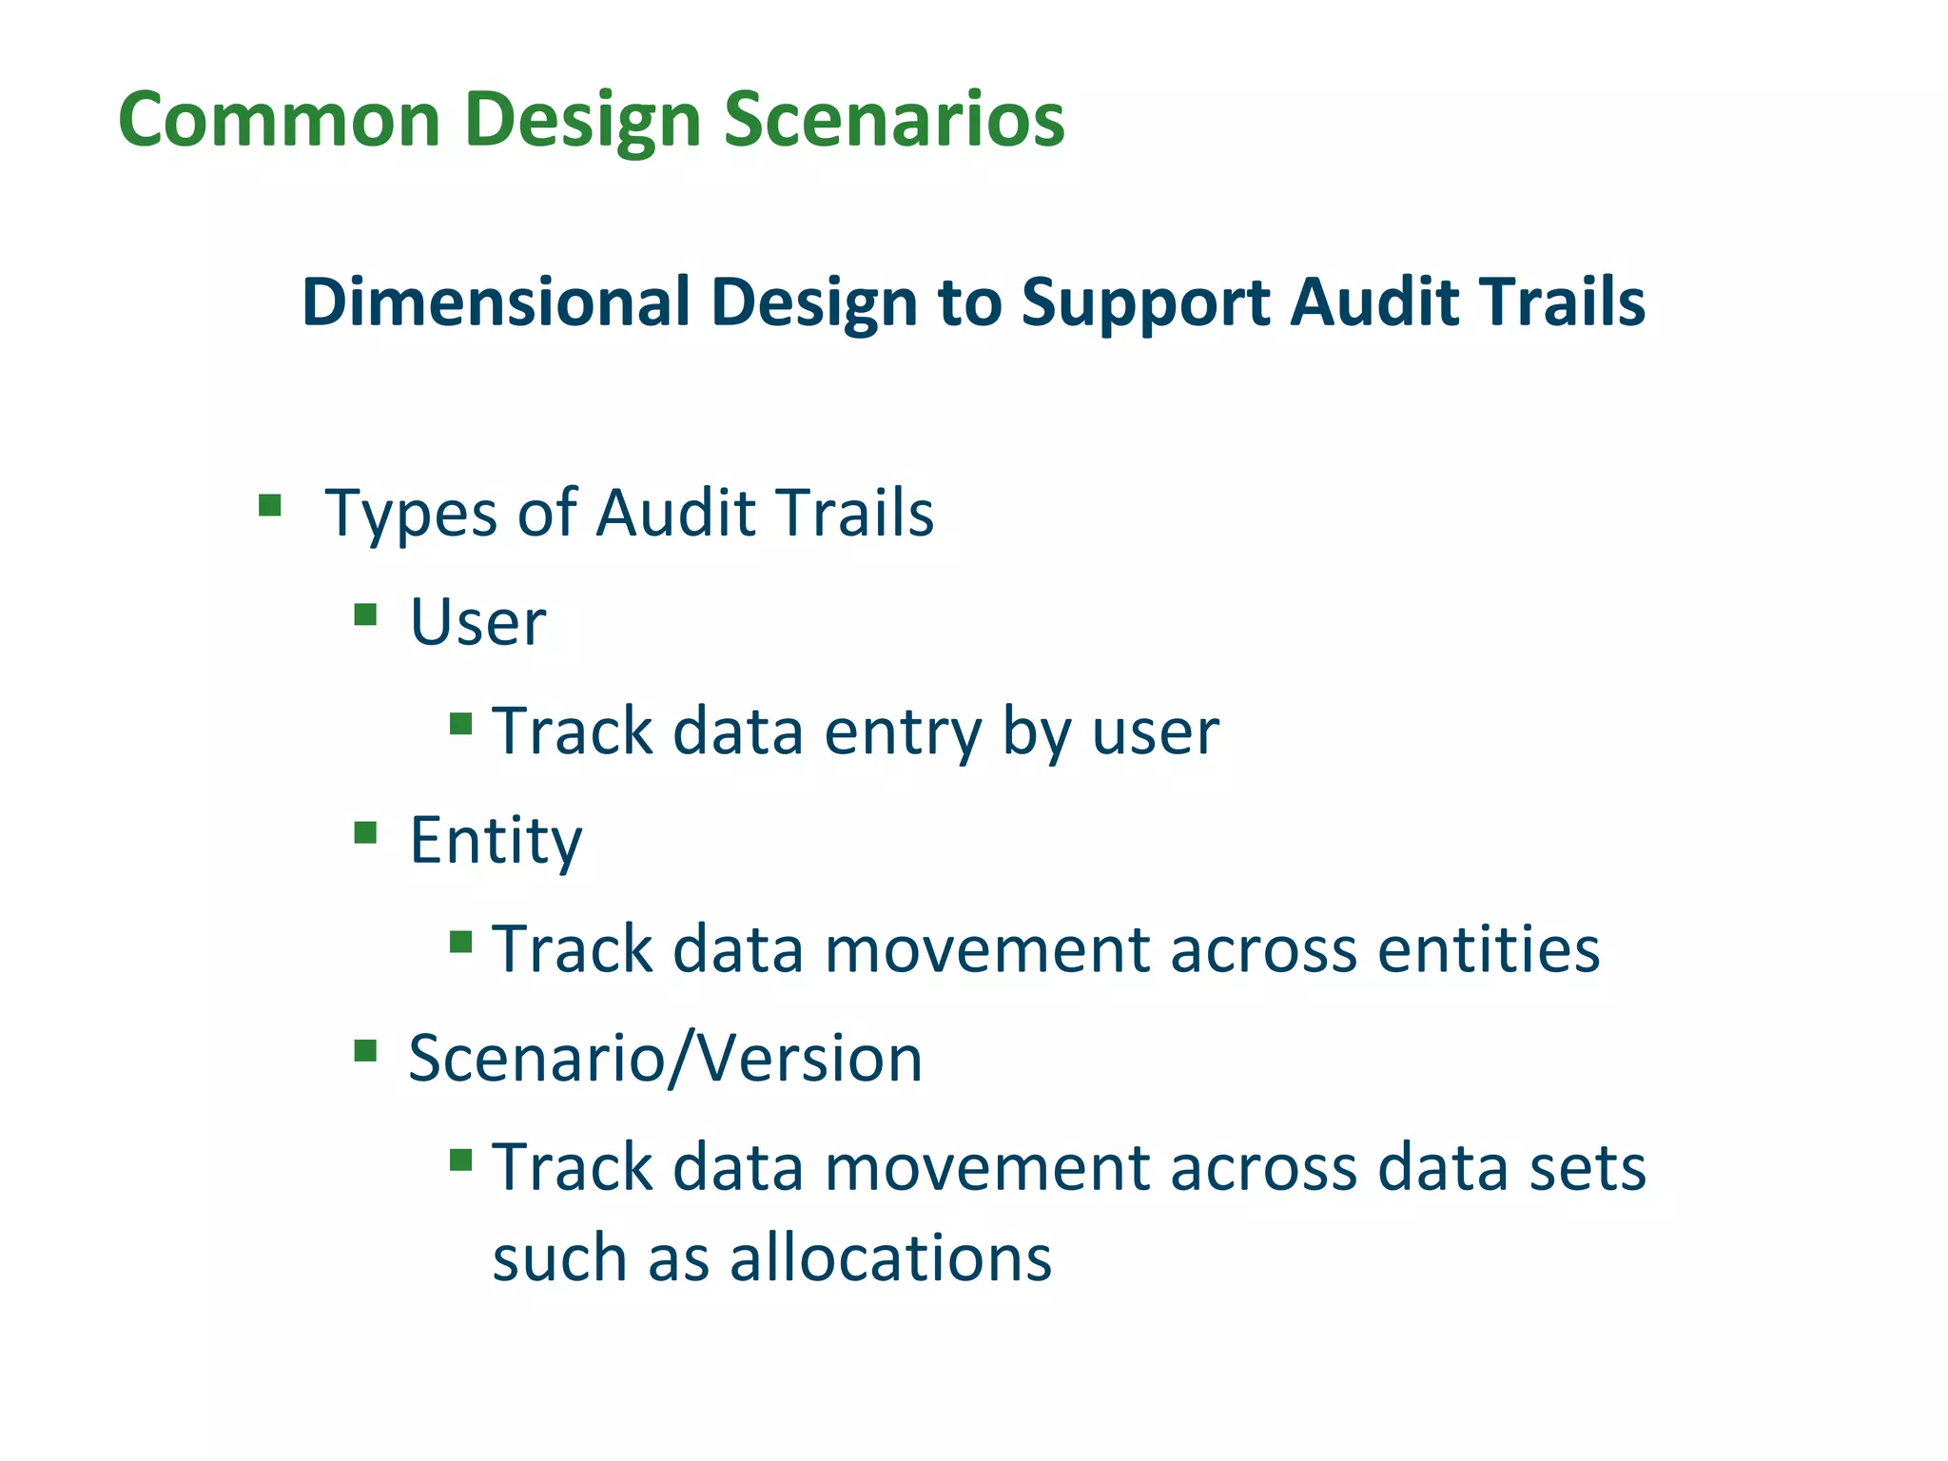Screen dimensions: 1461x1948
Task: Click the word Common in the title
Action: coord(279,120)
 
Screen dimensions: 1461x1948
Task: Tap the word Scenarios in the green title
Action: coord(893,120)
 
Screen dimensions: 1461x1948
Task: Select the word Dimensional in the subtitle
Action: coord(496,302)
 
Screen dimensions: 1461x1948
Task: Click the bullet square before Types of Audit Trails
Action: coord(270,504)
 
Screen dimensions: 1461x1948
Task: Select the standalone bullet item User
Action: coord(477,623)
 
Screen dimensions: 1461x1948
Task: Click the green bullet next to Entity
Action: coord(365,833)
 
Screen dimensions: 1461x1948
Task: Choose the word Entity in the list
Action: coord(495,842)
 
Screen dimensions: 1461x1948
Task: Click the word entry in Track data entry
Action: coord(902,732)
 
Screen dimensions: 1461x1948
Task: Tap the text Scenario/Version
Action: coord(665,1059)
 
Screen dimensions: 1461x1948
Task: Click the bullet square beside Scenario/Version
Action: coord(365,1051)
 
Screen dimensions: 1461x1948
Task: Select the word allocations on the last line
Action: coord(890,1258)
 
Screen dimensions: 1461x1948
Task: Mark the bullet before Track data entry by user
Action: coord(461,725)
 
